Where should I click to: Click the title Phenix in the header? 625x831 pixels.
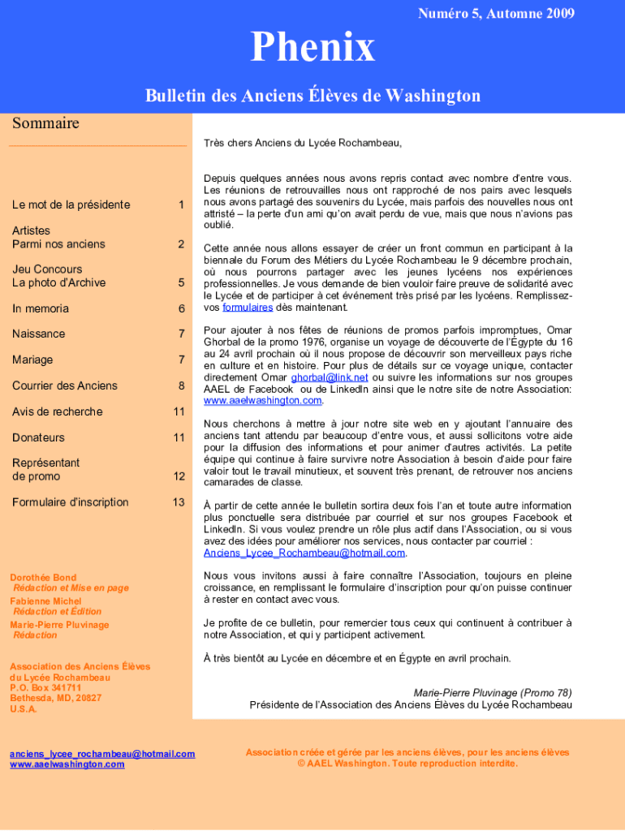(x=312, y=48)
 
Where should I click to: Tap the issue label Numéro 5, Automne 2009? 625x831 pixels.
(x=496, y=13)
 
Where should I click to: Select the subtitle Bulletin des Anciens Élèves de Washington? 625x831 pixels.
(x=312, y=96)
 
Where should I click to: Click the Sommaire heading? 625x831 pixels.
(x=45, y=123)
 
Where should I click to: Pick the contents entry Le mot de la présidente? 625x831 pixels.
(x=71, y=205)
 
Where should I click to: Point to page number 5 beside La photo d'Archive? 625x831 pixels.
(x=182, y=283)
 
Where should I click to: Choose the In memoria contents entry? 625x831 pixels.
(x=41, y=308)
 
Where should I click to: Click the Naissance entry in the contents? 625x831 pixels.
(x=38, y=334)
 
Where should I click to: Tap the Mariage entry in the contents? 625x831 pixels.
(x=32, y=360)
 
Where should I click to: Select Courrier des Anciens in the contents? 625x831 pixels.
(x=65, y=385)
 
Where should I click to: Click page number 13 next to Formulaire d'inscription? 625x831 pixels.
(x=179, y=502)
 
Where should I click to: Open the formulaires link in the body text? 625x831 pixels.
(x=248, y=308)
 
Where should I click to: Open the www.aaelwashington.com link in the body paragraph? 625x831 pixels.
(x=263, y=400)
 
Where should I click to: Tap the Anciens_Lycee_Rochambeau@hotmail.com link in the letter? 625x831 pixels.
(x=304, y=553)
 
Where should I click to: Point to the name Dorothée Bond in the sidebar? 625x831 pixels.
(x=43, y=578)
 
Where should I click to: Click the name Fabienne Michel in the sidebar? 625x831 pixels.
(x=45, y=601)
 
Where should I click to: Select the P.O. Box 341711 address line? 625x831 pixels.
(x=45, y=687)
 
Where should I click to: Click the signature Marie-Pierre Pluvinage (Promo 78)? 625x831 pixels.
(x=493, y=693)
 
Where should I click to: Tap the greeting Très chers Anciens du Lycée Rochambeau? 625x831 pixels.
(x=303, y=143)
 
